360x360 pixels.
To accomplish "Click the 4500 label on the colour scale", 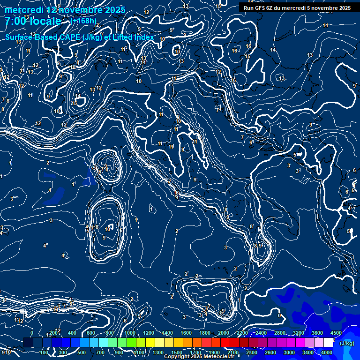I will tap(336, 333).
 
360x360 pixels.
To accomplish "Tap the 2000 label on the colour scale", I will tap(224, 333).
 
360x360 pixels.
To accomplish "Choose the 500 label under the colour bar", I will tap(82, 352).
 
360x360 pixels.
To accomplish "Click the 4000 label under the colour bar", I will tap(327, 352).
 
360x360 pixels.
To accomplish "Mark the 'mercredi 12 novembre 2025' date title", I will tap(65, 10).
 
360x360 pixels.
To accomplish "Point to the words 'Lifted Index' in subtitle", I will tap(133, 37).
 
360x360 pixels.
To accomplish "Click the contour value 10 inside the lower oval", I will tap(107, 229).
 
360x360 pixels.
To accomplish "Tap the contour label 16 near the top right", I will tap(248, 46).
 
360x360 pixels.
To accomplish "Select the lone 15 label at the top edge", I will tap(218, 6).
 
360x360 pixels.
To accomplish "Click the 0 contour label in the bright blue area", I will tap(280, 315).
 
